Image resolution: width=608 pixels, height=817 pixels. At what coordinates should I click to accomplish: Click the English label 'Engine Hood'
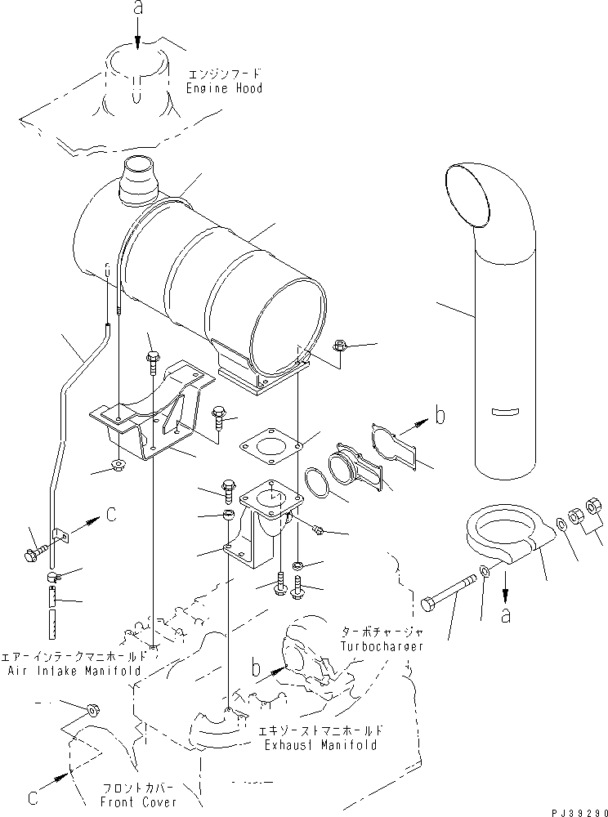point(225,87)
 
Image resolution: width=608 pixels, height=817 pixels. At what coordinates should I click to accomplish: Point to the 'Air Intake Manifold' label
point(77,670)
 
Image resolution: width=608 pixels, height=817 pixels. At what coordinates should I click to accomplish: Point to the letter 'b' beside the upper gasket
point(440,416)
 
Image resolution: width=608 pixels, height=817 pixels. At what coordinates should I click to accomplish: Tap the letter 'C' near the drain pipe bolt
point(111,515)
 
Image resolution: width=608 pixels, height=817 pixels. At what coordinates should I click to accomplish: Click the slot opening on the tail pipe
point(507,409)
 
